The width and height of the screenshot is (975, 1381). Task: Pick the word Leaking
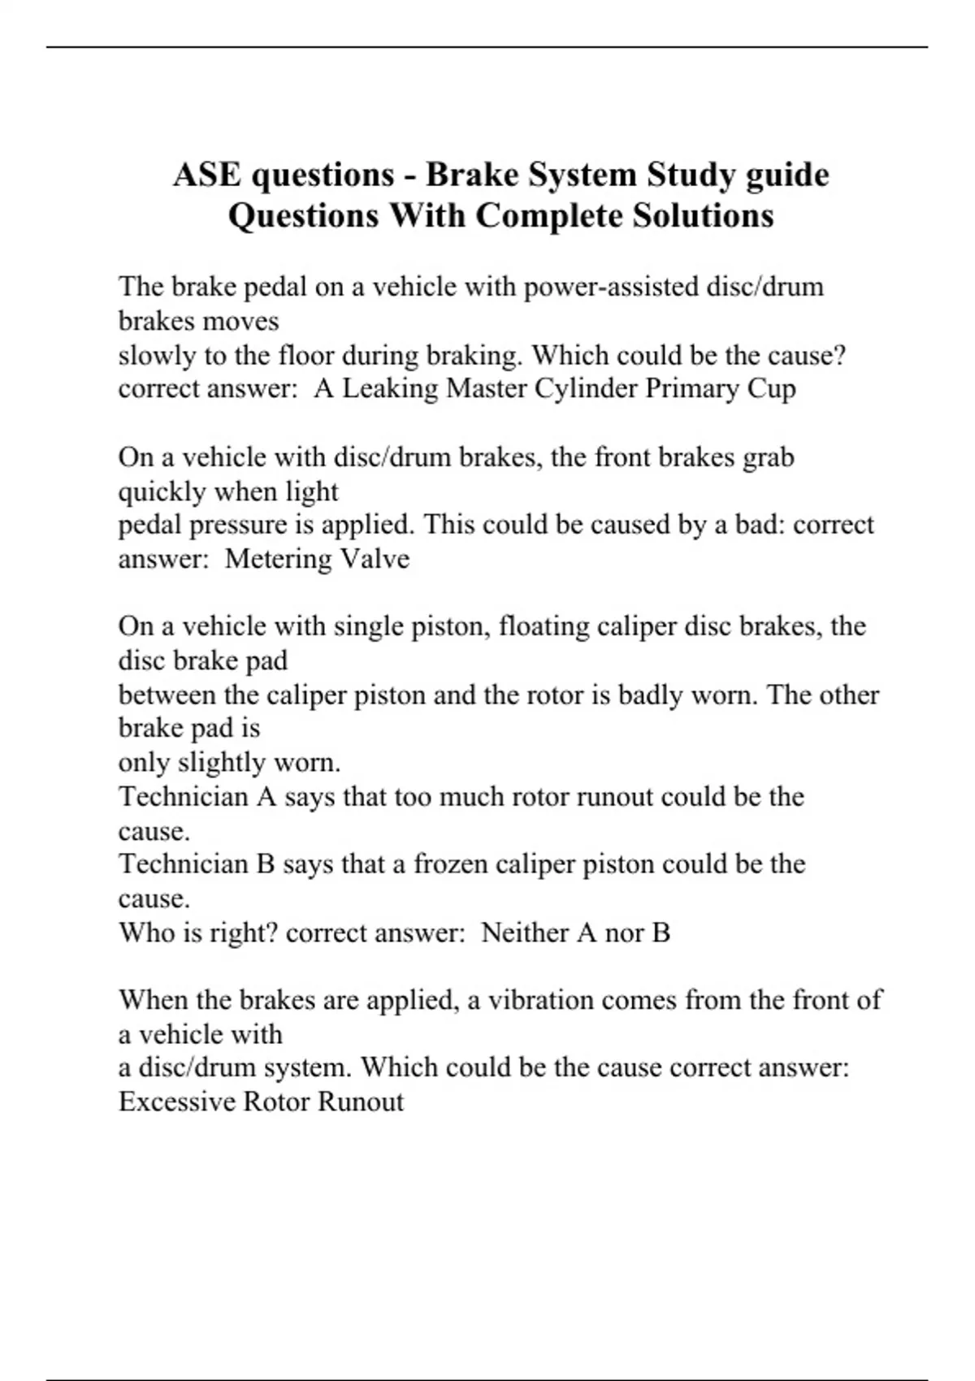390,389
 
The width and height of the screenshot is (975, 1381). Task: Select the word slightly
222,763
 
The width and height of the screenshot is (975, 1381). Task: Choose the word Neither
526,933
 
